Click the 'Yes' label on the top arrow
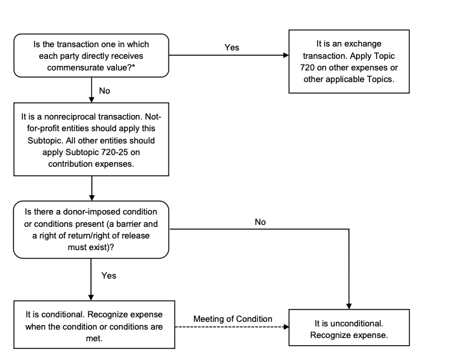[x=231, y=48]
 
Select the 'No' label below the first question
[x=104, y=90]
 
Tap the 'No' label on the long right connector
[x=260, y=222]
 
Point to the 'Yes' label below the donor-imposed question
[x=109, y=275]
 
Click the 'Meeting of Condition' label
[x=233, y=319]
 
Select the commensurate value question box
[x=91, y=55]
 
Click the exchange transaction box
[x=349, y=61]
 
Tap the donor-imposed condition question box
[x=91, y=229]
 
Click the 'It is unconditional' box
[x=349, y=328]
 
